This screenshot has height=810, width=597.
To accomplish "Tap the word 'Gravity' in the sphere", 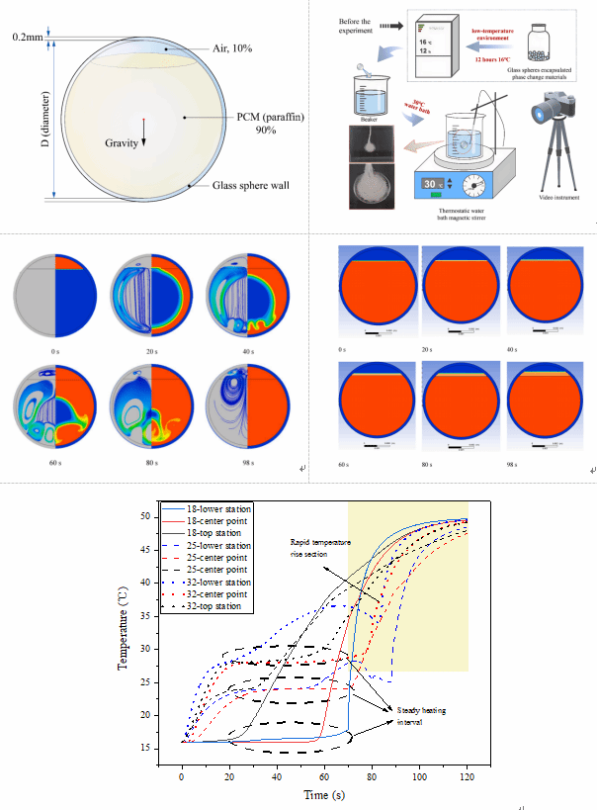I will click(x=123, y=142).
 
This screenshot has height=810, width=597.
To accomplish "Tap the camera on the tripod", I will click(x=554, y=110).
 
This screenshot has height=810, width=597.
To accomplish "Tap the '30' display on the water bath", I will click(x=432, y=184).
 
